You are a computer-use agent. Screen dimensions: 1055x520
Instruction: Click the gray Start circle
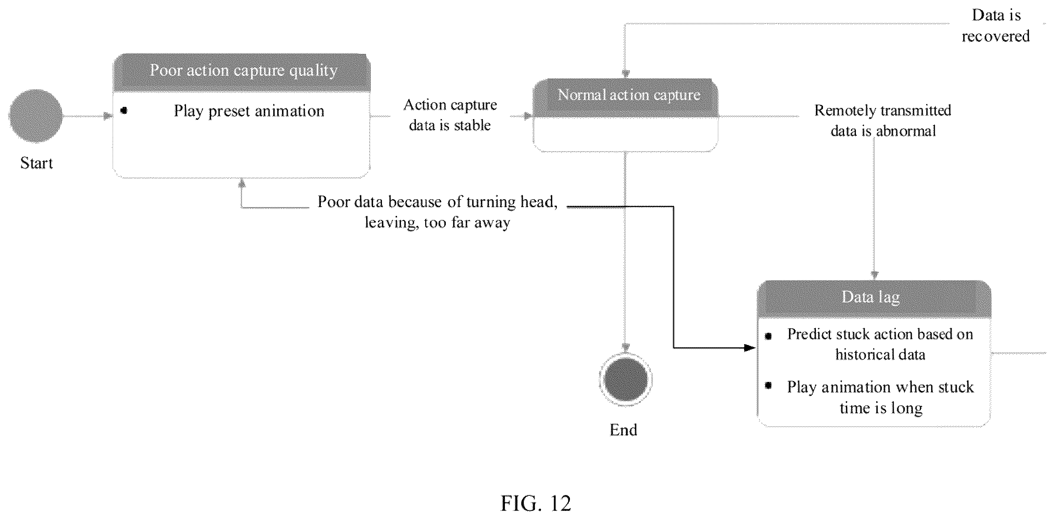coord(36,116)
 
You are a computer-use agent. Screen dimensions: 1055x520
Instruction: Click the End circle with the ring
coord(625,379)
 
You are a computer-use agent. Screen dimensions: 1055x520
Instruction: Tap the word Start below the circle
coord(36,163)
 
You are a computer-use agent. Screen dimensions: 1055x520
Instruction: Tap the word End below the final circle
coord(623,430)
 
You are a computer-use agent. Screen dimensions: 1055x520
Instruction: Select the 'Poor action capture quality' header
coord(242,73)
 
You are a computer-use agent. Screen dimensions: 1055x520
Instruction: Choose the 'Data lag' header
coord(874,299)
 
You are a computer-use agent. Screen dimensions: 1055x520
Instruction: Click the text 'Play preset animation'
coord(249,111)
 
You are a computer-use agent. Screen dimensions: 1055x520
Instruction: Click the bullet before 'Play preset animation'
coord(124,110)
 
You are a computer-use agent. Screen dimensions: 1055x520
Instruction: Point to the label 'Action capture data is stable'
coord(450,115)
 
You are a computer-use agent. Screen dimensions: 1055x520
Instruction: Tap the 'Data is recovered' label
coord(996,25)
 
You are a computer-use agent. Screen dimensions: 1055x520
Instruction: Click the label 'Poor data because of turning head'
coord(437,202)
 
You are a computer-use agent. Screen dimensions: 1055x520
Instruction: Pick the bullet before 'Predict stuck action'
coord(768,336)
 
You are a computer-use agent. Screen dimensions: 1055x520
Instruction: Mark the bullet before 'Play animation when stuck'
coord(768,385)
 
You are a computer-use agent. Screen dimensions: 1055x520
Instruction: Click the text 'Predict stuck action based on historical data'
coord(880,344)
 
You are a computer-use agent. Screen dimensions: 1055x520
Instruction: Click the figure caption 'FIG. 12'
coord(536,503)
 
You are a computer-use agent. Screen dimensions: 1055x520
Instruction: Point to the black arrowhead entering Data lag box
coord(750,348)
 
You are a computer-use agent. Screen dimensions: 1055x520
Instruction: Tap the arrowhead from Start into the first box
coord(108,116)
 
